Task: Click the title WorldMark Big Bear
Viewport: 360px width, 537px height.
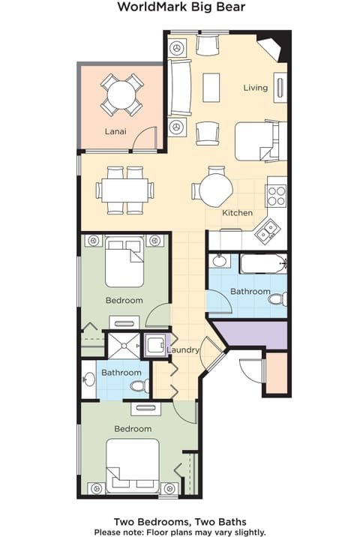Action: point(180,8)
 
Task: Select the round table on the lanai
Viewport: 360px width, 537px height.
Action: point(122,95)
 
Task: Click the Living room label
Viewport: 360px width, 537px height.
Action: point(255,88)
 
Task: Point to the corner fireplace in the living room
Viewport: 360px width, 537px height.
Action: point(271,48)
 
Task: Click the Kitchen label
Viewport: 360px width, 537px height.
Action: point(237,213)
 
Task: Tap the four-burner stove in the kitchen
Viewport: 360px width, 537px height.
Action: point(277,196)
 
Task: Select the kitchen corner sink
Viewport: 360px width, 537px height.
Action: point(266,233)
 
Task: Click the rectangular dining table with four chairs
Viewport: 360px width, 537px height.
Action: point(124,190)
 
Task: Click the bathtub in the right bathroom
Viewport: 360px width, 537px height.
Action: point(263,264)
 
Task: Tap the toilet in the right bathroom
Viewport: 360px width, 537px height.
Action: point(277,299)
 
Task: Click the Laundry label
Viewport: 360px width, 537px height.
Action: point(182,350)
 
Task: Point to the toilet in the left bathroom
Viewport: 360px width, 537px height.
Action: point(138,386)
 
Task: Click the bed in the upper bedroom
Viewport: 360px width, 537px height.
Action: point(124,263)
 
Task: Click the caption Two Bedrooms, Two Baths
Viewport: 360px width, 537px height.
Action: point(180,521)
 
